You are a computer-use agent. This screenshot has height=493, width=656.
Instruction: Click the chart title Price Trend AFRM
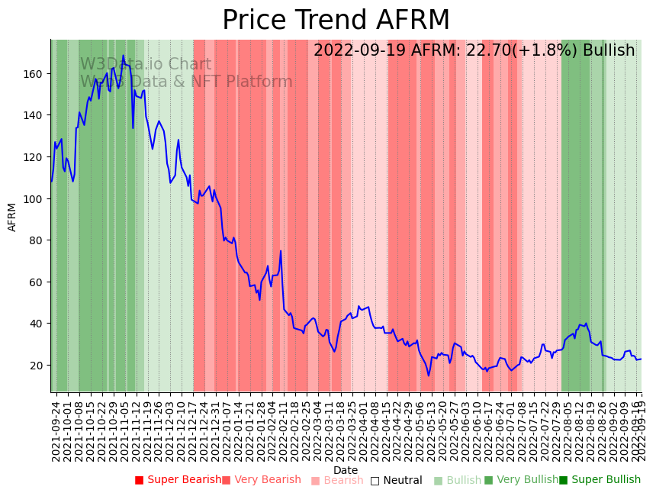point(336,21)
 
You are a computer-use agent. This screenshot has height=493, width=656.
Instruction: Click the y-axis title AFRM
point(12,217)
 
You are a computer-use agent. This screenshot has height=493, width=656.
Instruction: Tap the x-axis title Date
point(346,470)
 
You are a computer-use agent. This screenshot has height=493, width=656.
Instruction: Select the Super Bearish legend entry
point(175,480)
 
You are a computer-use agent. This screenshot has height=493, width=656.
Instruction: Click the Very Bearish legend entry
point(262,480)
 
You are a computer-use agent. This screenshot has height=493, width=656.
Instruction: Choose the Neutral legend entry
point(396,480)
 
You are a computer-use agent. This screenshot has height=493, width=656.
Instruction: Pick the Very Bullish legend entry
point(521,480)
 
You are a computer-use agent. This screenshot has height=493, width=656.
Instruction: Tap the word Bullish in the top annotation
point(609,51)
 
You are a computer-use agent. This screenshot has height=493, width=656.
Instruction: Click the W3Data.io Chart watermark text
point(146,65)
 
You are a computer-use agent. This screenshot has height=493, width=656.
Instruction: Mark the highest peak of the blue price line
point(123,56)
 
